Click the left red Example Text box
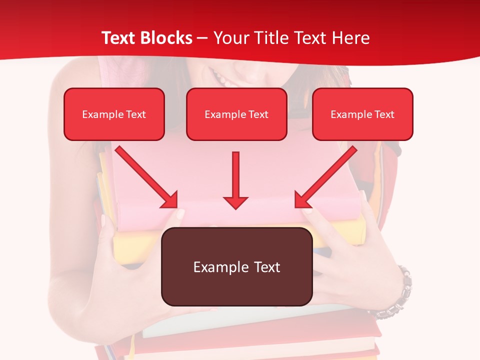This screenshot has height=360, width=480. coord(114,114)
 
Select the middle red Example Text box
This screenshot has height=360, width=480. coord(236,114)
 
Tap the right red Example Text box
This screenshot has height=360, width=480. coord(362,114)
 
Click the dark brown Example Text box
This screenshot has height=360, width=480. coord(236,266)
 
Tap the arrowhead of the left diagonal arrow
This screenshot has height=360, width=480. coord(170,200)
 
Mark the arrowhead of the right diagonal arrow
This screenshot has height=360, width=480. coord(302,200)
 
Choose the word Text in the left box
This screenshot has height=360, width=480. coord(136,114)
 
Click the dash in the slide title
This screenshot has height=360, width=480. coord(203,38)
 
